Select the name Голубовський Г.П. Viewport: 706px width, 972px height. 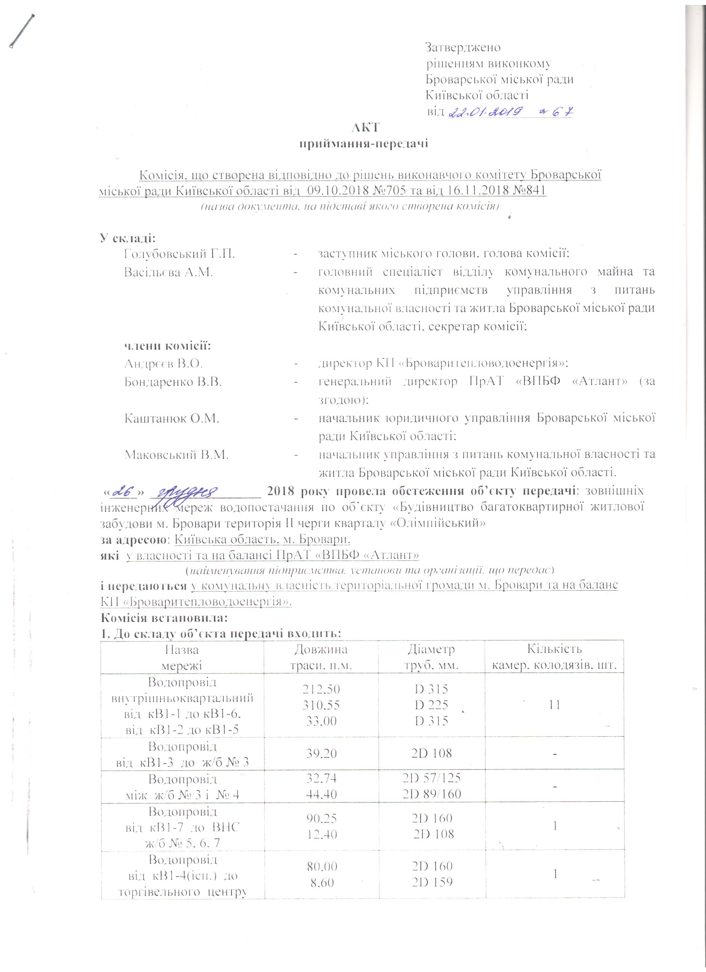(x=179, y=254)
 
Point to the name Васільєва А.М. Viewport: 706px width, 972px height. (x=168, y=272)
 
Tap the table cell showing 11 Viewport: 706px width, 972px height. (x=555, y=705)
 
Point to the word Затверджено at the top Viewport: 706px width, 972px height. (x=463, y=47)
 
